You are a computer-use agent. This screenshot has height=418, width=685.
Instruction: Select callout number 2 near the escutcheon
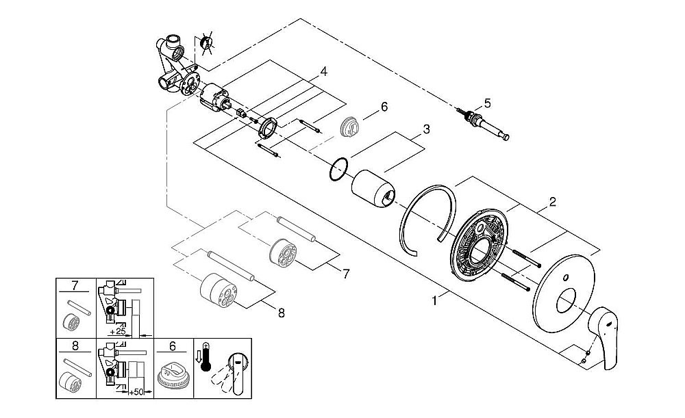552,202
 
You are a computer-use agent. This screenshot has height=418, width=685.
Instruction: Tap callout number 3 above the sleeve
425,129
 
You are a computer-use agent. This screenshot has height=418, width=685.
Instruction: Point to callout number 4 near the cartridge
323,70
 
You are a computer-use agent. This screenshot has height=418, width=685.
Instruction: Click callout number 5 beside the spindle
487,103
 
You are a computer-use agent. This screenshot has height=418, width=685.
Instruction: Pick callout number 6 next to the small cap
384,107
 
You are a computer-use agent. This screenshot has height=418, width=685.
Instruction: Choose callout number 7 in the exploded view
346,274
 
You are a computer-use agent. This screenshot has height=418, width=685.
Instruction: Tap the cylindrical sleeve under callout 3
373,188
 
